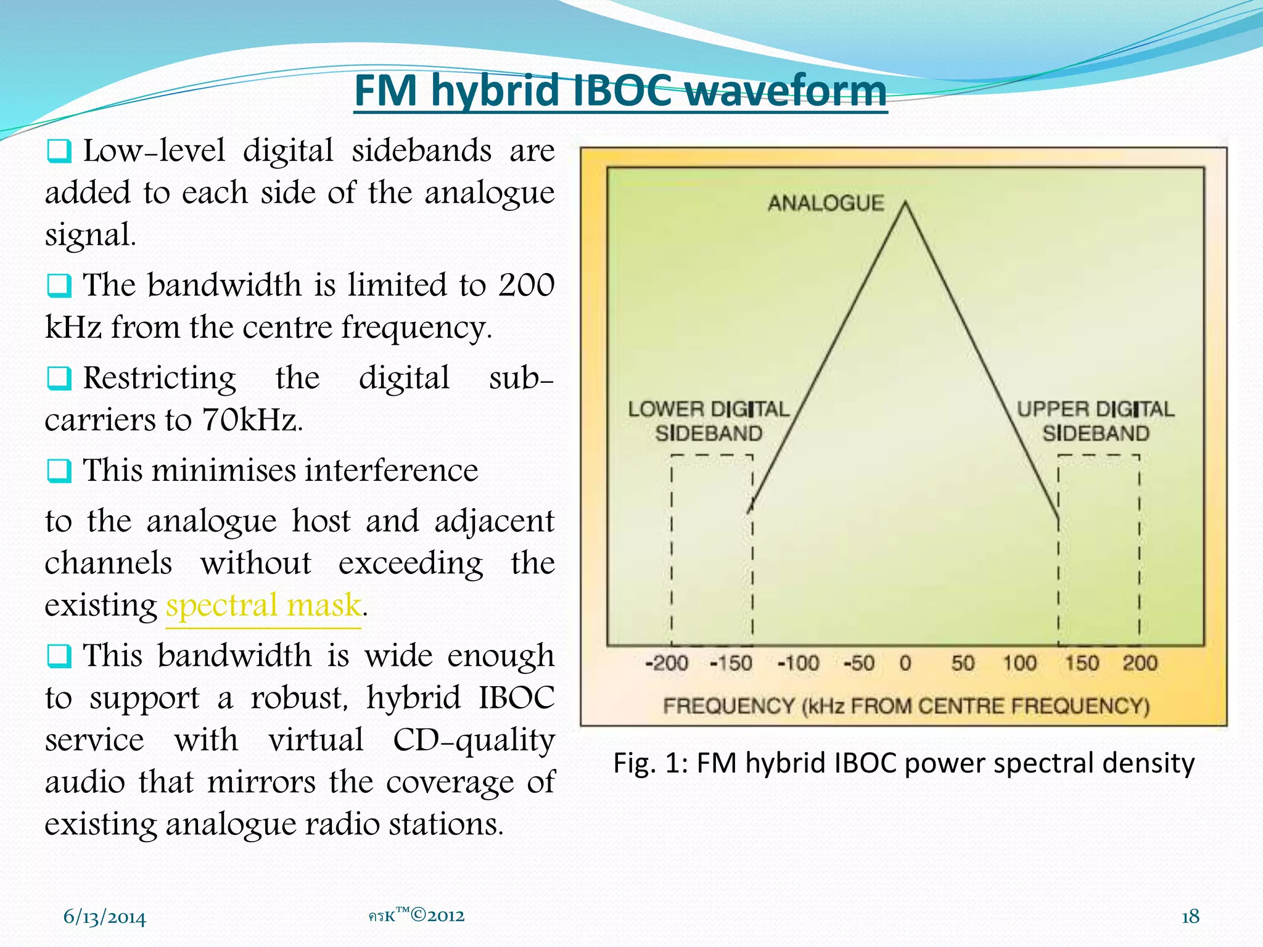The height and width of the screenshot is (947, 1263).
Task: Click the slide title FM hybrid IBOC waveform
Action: coord(620,91)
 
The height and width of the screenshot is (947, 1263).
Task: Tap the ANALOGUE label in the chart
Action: coord(826,203)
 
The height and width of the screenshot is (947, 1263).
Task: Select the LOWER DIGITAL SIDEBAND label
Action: coord(709,421)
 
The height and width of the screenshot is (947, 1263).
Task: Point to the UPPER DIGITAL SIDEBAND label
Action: coord(1095,421)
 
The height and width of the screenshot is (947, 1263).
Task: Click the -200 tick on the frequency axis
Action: coord(666,663)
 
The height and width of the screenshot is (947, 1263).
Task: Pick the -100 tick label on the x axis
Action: coord(798,663)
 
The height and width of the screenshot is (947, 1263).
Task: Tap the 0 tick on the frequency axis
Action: coord(905,663)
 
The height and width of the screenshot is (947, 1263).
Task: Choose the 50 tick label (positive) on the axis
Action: coord(963,663)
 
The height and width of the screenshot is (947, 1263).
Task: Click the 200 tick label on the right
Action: coord(1140,663)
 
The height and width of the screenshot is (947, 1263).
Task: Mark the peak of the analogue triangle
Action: coord(905,203)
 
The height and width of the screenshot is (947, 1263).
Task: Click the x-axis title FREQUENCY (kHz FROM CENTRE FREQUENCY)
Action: coord(906,706)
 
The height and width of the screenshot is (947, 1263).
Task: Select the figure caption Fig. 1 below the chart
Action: coord(903,763)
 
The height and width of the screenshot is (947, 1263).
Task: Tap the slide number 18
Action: coord(1190,917)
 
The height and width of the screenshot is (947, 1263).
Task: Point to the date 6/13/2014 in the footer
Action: coord(105,917)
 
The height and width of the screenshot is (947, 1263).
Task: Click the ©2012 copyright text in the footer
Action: coord(437,916)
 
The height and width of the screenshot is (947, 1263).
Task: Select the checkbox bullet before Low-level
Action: coord(59,151)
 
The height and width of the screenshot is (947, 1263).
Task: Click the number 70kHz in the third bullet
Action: coord(252,420)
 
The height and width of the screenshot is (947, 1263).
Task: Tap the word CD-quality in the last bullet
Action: coord(474,740)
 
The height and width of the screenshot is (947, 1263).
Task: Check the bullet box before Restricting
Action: coord(59,379)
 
